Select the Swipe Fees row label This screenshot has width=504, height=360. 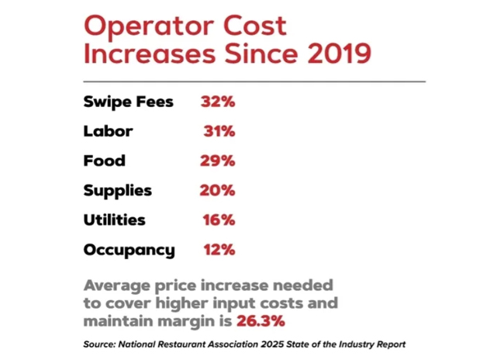point(128,102)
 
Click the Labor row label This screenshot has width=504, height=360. point(108,131)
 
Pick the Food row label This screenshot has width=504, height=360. point(104,161)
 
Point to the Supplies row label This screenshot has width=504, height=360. point(117,191)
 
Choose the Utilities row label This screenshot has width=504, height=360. point(114,220)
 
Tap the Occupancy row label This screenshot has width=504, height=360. point(129,251)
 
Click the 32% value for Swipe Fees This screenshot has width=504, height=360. point(217,102)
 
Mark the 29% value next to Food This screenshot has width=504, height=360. point(217,161)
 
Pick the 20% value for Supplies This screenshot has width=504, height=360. point(217,191)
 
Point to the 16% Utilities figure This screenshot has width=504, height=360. point(219,220)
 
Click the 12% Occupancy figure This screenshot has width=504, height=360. point(219,251)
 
